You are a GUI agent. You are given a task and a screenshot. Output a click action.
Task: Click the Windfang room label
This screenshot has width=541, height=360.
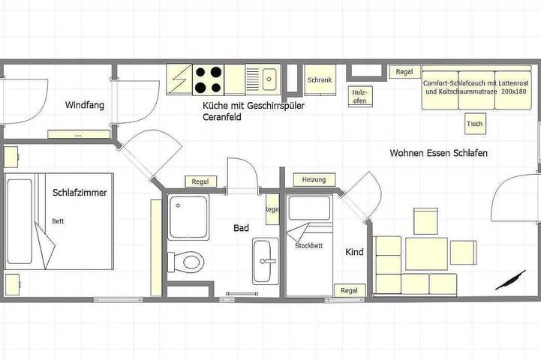coord(83,105)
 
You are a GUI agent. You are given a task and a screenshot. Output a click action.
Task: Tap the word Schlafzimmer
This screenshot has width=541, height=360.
coord(80,193)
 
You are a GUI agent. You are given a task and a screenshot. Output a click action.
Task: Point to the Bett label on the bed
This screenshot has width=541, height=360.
coord(59,221)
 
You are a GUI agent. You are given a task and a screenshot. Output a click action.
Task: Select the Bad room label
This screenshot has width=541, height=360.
coord(241,228)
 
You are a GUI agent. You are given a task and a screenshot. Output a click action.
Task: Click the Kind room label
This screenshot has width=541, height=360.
coord(354,252)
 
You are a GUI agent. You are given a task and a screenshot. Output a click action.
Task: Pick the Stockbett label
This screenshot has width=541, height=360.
coord(308,245)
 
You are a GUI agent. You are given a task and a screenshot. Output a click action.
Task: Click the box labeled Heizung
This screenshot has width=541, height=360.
coord(314,180)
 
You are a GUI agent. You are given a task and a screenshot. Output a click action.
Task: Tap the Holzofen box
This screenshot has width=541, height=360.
coord(359,95)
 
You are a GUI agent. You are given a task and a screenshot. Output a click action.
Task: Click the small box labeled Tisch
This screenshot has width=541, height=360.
coord(474,123)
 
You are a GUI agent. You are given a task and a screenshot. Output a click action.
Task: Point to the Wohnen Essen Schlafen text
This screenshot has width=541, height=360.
coord(439,153)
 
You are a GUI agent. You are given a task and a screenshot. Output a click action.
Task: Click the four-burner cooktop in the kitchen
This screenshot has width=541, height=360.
coord(208,79)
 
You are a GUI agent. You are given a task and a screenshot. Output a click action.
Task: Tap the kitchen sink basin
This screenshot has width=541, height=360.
coord(269,78)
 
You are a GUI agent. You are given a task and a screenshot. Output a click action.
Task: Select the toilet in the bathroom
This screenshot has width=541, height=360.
coord(188,262)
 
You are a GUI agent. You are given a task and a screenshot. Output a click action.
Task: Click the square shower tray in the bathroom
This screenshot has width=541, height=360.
coord(188,217)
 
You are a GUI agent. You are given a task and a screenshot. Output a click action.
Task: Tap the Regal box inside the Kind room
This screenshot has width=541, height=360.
coord(349,290)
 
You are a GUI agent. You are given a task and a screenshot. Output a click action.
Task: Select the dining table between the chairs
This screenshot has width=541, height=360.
coord(426,253)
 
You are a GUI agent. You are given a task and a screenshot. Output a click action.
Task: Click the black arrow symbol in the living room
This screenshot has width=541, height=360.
coord(510,280)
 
